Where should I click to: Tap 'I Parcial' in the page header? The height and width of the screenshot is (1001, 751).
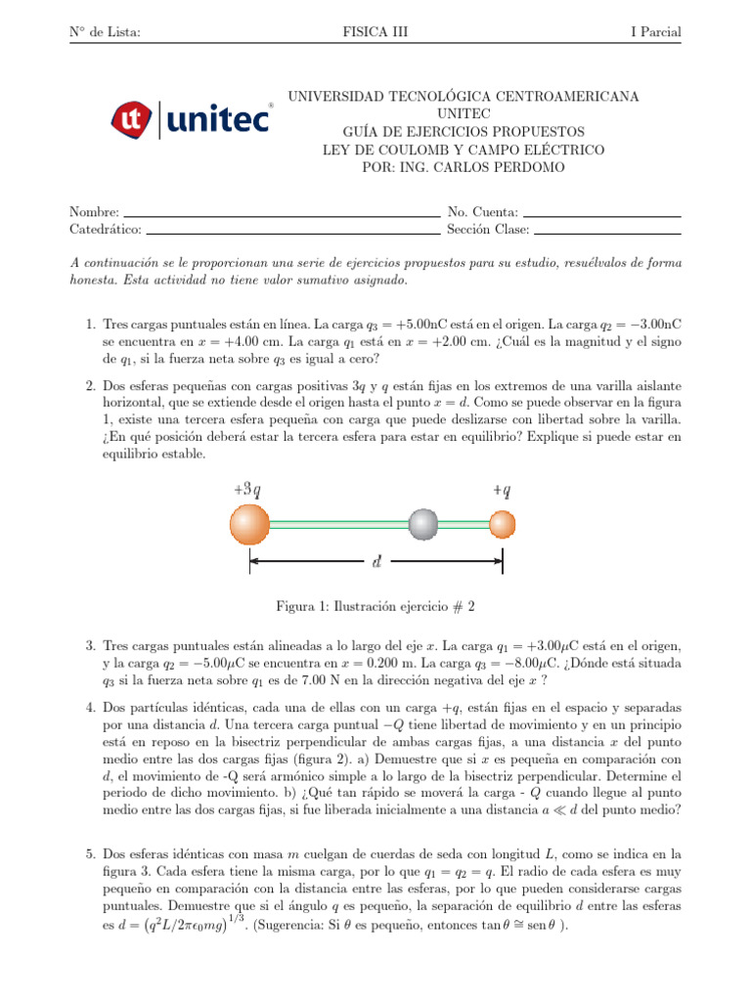point(656,32)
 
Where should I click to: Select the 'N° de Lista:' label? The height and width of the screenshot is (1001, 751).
point(105,32)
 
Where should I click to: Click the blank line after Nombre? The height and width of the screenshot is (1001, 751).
point(283,214)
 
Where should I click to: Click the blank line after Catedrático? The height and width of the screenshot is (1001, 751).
point(293,233)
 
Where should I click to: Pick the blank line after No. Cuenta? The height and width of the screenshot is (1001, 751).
point(602,214)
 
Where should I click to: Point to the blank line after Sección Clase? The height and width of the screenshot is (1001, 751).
point(607,233)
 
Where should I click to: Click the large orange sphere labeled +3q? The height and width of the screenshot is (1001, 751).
point(249,524)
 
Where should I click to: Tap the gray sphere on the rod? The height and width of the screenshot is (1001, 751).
point(424,524)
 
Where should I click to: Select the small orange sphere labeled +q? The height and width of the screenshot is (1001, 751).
point(502,525)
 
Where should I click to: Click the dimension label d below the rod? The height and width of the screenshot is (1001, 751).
point(377,562)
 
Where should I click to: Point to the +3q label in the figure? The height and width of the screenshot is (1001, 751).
point(247,489)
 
